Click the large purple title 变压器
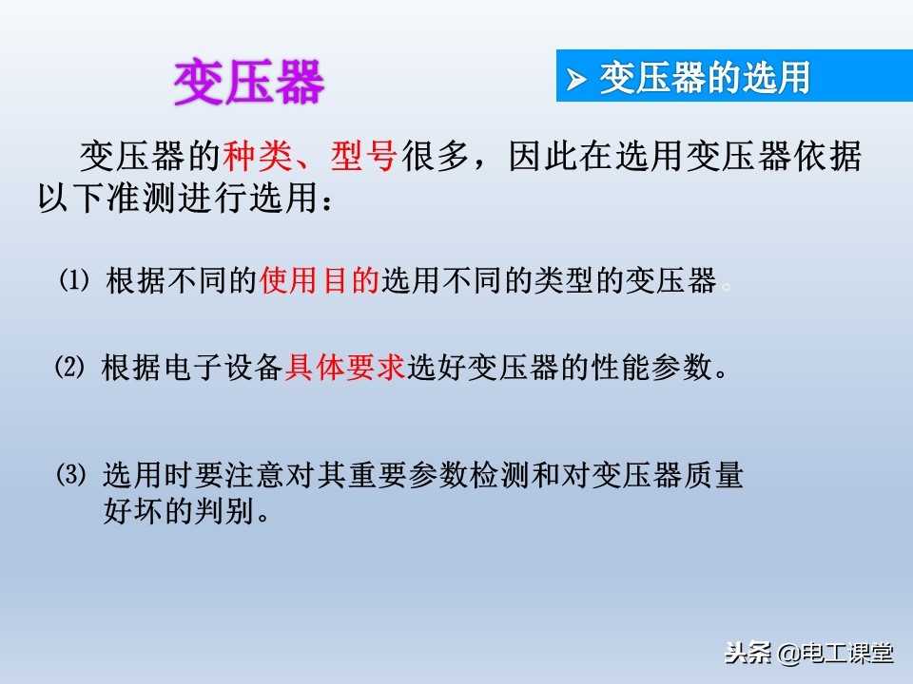pyautogui.click(x=248, y=83)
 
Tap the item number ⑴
pyautogui.click(x=73, y=281)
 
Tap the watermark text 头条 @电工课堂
pyautogui.click(x=808, y=654)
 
